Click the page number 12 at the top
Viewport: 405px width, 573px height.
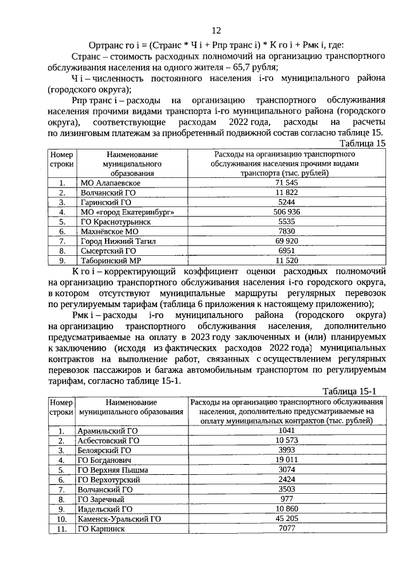215,31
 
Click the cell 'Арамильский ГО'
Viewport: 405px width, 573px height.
107,430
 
